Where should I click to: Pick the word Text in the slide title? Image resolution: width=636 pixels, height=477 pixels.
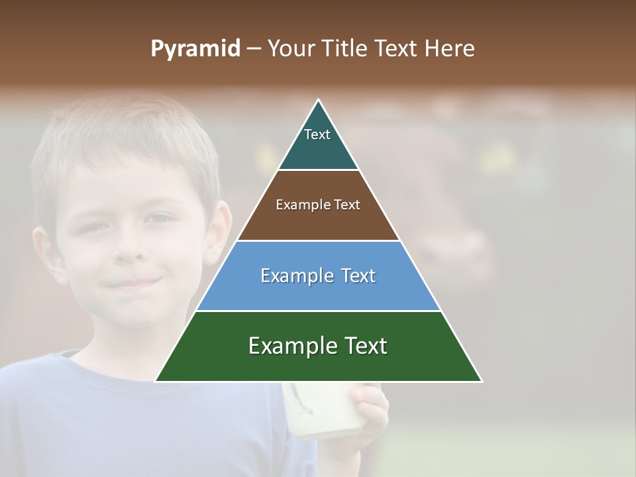tap(397, 49)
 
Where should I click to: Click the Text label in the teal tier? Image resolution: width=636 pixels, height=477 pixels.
tap(317, 134)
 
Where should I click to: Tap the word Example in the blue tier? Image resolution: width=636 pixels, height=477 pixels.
tap(292, 276)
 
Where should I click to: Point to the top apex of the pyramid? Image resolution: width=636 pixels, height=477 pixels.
tap(319, 101)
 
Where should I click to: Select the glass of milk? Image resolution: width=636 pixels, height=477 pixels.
tap(315, 411)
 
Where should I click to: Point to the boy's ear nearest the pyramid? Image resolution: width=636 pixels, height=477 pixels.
tap(218, 232)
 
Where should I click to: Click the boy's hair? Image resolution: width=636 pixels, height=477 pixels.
tap(126, 132)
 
